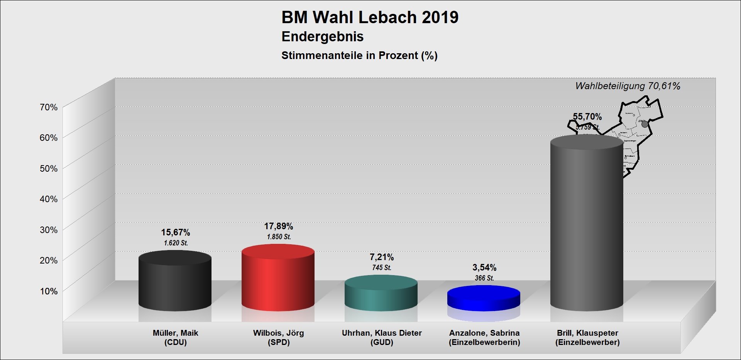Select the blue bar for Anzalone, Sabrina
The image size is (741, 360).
point(484,299)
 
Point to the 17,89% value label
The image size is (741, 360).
point(279,226)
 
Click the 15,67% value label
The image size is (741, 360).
point(176,233)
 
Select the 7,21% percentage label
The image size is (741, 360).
point(382,257)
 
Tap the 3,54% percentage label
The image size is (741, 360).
point(484,268)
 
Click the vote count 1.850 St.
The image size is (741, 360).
point(279,237)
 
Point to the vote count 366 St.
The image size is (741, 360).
point(484,278)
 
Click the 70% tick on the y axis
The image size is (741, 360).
point(49,107)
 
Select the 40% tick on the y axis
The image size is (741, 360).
point(49,199)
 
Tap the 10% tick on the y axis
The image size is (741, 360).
point(49,291)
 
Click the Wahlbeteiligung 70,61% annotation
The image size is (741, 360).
point(628,86)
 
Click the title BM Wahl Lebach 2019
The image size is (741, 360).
point(370,17)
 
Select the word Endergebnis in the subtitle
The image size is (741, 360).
point(322,37)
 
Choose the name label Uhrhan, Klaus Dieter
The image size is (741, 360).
point(382,333)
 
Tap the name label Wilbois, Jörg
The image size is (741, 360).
point(279,333)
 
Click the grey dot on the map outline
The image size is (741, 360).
point(645,124)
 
